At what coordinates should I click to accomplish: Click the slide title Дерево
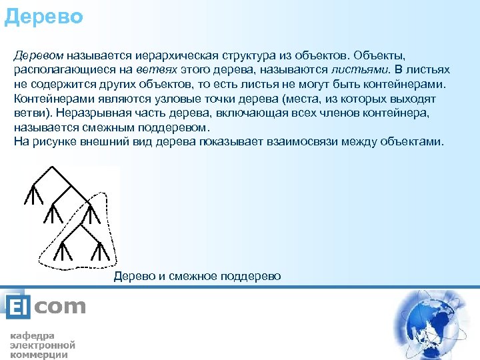pos(43,15)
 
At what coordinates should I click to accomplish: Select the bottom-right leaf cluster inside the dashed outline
pos(99,251)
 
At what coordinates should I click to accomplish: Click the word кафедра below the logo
pos(32,335)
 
